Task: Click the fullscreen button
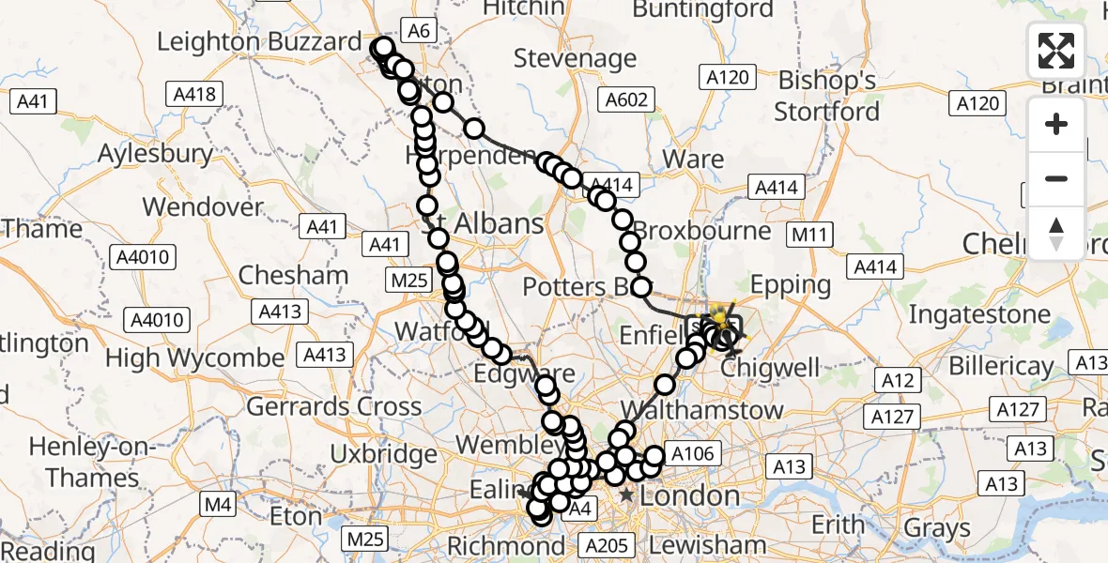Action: tap(1056, 51)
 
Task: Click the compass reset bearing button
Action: tap(1056, 234)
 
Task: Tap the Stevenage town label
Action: tap(575, 58)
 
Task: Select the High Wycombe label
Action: tap(194, 358)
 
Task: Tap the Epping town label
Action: tap(790, 284)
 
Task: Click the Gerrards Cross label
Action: tap(333, 406)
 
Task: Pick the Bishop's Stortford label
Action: tap(826, 95)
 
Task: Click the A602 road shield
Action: tap(626, 99)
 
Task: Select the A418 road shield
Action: tap(194, 94)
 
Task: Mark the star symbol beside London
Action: tap(626, 495)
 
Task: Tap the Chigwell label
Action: tap(772, 368)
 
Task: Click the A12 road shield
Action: tap(898, 380)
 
